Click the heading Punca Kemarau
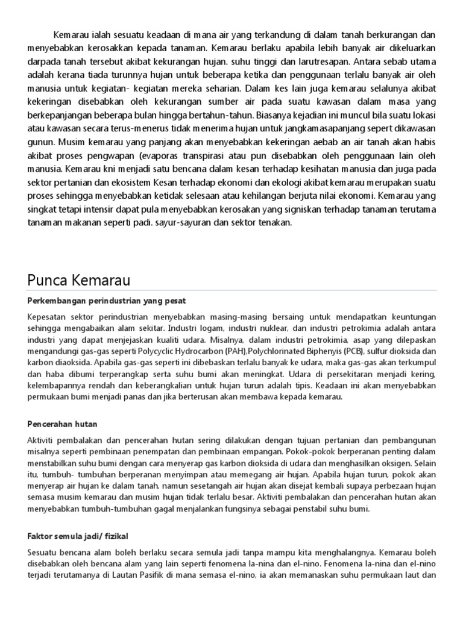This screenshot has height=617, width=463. [78, 280]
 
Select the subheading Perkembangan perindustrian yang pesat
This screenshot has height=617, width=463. [107, 300]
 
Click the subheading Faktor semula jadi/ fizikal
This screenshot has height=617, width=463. [78, 536]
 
